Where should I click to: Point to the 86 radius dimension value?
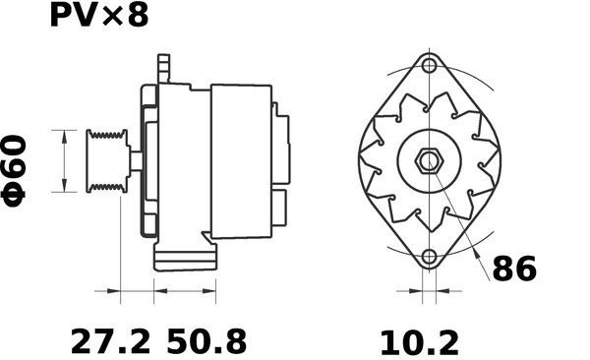(514, 269)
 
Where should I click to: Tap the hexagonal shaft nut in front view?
(430, 161)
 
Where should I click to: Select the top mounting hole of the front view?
(429, 67)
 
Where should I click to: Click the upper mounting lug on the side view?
(163, 70)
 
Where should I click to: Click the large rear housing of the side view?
(241, 161)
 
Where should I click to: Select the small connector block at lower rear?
(279, 208)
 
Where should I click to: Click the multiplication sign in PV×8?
(111, 19)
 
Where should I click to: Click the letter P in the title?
(62, 18)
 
